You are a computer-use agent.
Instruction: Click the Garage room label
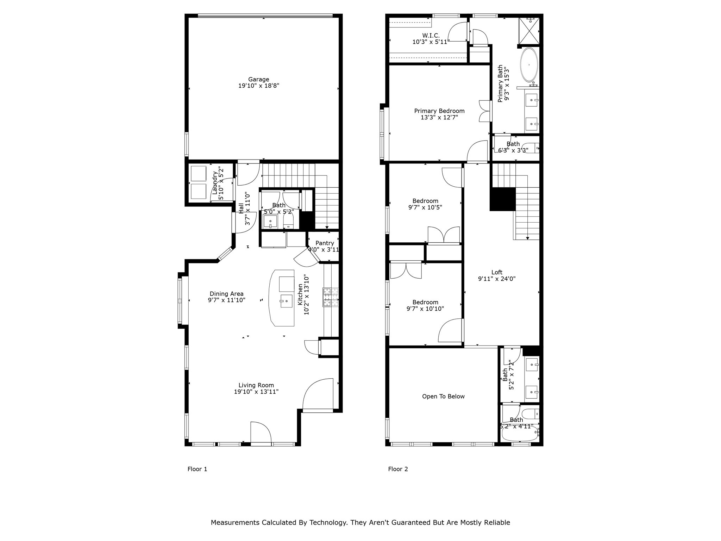click(258, 80)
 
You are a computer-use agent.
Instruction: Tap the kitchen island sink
click(286, 301)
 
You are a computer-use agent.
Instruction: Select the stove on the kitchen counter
click(331, 297)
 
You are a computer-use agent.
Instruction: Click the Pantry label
click(324, 243)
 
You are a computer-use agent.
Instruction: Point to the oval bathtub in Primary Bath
click(529, 65)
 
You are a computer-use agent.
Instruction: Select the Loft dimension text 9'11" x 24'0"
click(496, 279)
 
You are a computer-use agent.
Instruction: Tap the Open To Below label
click(443, 397)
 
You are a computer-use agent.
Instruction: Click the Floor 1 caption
click(197, 469)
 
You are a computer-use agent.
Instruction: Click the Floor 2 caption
click(398, 469)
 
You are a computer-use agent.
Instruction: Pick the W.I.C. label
click(431, 36)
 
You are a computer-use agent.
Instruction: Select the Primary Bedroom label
click(439, 111)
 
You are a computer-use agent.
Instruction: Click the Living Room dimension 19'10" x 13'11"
click(256, 392)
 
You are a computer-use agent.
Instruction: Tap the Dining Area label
click(226, 294)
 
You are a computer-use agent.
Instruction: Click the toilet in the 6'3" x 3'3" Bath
click(531, 148)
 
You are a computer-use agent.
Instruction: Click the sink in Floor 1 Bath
click(270, 222)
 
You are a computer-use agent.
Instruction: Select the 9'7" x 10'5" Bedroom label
click(425, 201)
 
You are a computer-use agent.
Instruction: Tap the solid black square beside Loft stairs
click(503, 199)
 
